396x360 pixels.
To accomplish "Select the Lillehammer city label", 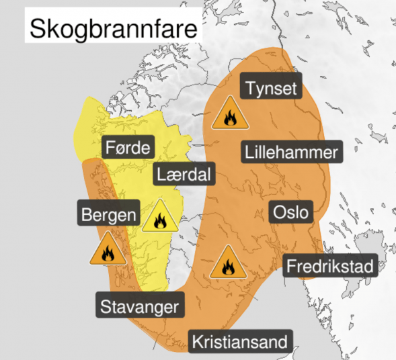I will pos(291,152).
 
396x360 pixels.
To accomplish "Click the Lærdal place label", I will pos(184,175).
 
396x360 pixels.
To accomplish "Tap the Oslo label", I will pos(291,212).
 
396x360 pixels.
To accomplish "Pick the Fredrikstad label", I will pos(329,266).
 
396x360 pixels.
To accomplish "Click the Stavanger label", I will pos(140,307).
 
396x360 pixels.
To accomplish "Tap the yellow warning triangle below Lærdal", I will pos(160,216).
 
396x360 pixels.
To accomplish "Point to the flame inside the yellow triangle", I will pos(160,220).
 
